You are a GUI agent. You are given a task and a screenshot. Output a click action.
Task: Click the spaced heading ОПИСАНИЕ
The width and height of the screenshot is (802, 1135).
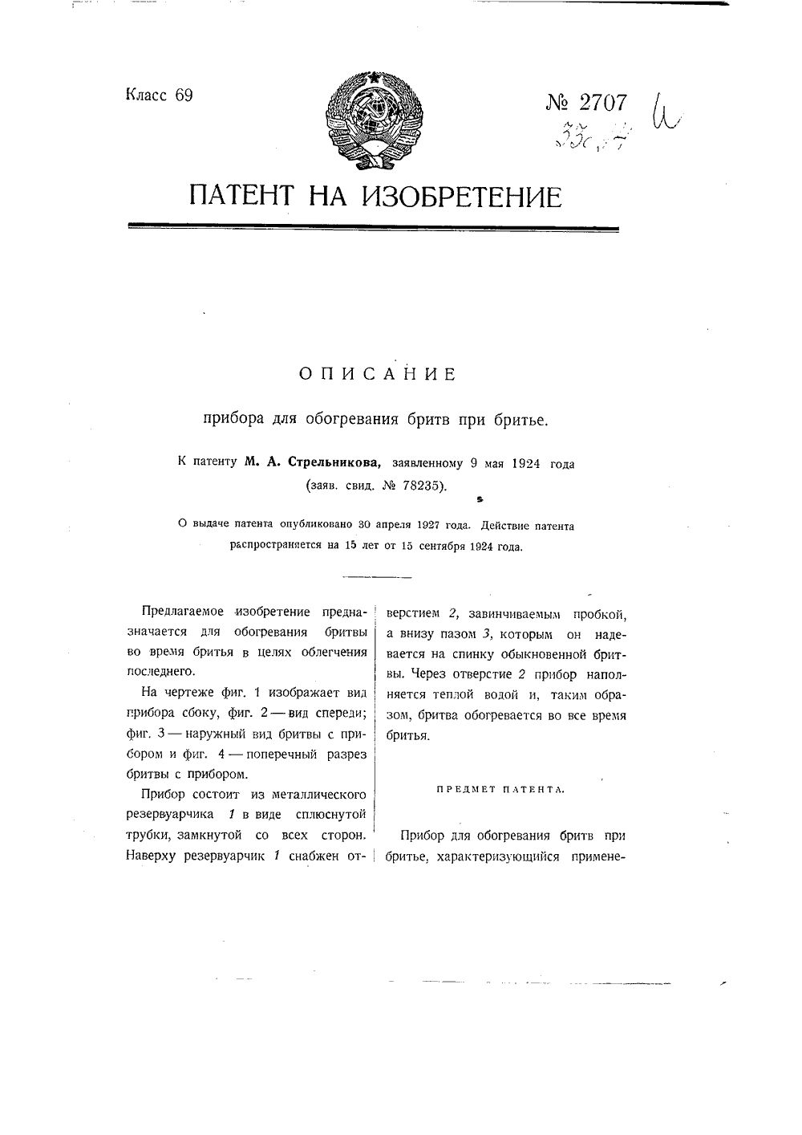pyautogui.click(x=377, y=374)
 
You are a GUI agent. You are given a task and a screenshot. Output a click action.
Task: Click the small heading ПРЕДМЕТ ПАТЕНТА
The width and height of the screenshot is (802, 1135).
pyautogui.click(x=500, y=790)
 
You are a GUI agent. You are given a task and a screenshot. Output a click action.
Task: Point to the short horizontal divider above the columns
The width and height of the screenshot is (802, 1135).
pyautogui.click(x=376, y=576)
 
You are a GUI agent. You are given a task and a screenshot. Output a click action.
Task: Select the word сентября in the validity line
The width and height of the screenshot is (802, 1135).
pyautogui.click(x=437, y=547)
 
